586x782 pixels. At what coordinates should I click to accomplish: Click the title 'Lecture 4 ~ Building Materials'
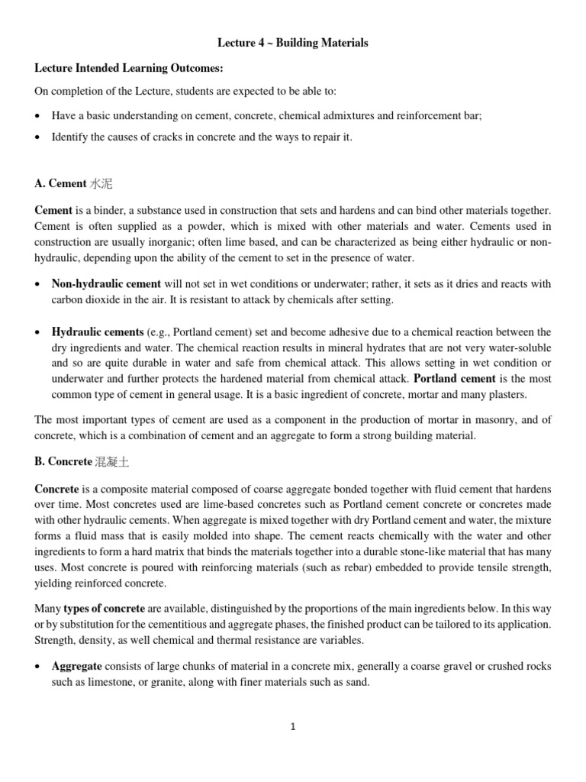(293, 44)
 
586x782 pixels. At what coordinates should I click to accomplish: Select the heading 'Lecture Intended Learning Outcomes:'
(129, 69)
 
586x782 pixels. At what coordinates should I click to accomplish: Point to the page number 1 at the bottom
(292, 727)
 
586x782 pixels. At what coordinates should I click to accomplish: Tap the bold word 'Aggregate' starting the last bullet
(76, 667)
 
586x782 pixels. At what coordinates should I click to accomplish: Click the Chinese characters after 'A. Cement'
(101, 184)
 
